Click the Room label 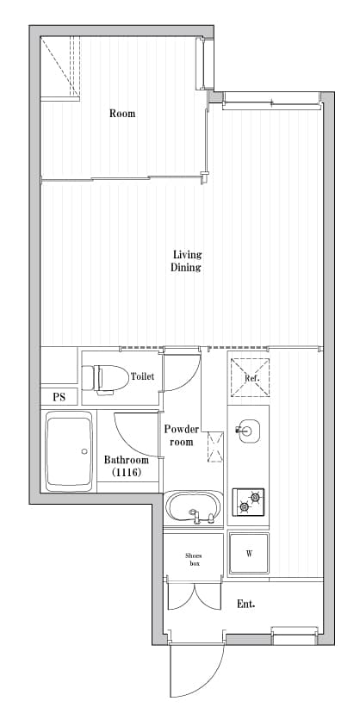(122, 113)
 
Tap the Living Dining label (187, 261)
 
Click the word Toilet (142, 376)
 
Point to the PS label (59, 397)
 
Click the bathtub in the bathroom (69, 451)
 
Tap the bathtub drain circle (84, 451)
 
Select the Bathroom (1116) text (127, 466)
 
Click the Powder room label (181, 435)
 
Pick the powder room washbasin (193, 508)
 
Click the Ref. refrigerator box (251, 377)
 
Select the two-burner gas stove (248, 501)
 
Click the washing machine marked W (249, 554)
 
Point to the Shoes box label (193, 559)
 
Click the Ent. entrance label (246, 604)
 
